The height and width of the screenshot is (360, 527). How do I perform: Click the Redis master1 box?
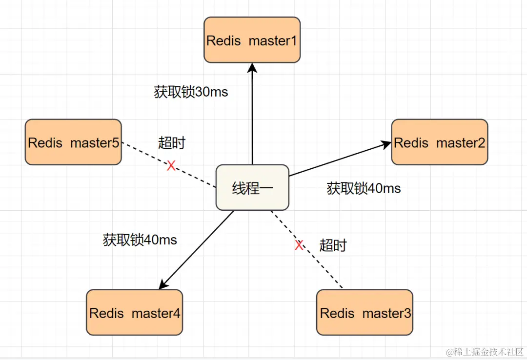coord(252,40)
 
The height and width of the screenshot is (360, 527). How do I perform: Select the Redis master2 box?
coord(439,142)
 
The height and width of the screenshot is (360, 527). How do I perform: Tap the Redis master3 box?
coord(365,312)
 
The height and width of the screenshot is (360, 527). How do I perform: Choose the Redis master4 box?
coord(134,312)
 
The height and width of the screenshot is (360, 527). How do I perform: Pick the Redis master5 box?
coord(73,142)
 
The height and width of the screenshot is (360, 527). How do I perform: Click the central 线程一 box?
coord(252,188)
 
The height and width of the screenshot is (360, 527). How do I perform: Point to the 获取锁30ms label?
coord(191,92)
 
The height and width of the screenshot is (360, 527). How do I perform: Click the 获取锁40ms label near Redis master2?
coord(364,188)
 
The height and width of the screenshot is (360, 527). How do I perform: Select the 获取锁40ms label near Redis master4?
coord(140,240)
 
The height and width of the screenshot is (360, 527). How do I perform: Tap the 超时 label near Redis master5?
coord(172,143)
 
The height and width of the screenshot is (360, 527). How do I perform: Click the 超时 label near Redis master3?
coord(333,245)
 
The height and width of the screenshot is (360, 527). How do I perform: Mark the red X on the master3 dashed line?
coord(299,245)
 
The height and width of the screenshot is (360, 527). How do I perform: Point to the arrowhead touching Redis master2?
coord(386,143)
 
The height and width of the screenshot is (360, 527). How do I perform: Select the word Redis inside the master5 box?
coord(45,143)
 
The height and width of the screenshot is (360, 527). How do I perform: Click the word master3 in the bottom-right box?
coord(386,313)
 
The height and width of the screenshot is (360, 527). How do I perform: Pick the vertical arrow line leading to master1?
coord(252,117)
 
